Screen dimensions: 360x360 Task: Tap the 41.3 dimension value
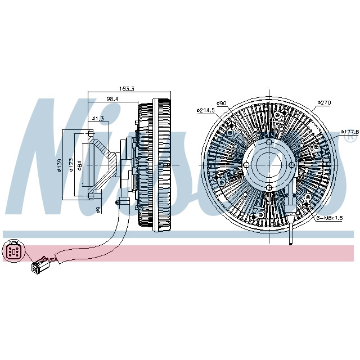pyautogui.click(x=98, y=119)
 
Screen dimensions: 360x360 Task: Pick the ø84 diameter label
pyautogui.click(x=80, y=165)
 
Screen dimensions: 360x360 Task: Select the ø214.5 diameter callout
pyautogui.click(x=206, y=110)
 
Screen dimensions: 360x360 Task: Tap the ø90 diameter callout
pyautogui.click(x=222, y=103)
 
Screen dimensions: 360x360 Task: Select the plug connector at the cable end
pyautogui.click(x=39, y=264)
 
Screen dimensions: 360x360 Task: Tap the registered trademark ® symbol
pyautogui.click(x=350, y=136)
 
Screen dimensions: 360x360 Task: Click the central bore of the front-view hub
pyautogui.click(x=269, y=165)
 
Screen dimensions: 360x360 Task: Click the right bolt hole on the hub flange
pyautogui.click(x=291, y=165)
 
